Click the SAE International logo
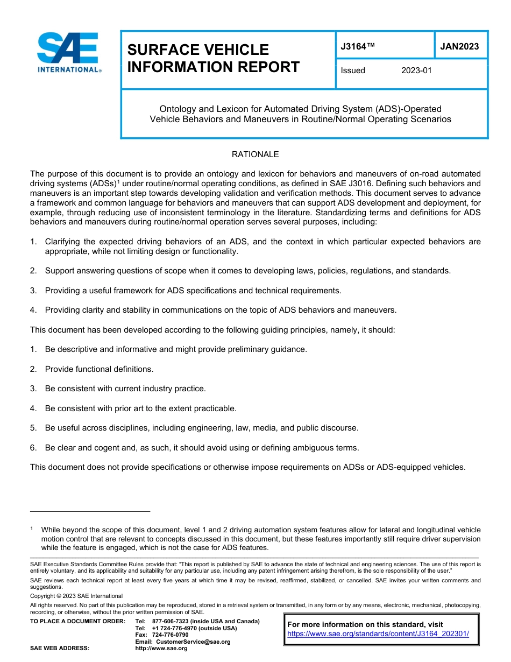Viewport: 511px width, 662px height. [x=69, y=53]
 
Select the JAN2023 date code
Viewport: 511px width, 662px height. [x=459, y=46]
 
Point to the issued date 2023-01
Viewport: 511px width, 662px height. [x=416, y=71]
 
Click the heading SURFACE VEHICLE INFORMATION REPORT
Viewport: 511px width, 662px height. [x=213, y=58]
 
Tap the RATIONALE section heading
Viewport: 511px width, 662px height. [x=255, y=154]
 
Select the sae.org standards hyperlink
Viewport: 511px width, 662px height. [x=378, y=633]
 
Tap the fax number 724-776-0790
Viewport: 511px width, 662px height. [x=171, y=635]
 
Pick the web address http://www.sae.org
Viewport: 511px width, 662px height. [x=161, y=648]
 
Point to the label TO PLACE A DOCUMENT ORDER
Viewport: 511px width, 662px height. [x=77, y=621]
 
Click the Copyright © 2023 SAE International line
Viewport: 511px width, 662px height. [x=76, y=596]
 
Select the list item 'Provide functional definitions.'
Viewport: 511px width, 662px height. [x=99, y=369]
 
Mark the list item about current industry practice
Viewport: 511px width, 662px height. [x=125, y=389]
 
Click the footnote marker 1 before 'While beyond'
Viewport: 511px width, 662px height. [x=32, y=529]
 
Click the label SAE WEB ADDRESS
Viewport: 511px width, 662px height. [x=60, y=648]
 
